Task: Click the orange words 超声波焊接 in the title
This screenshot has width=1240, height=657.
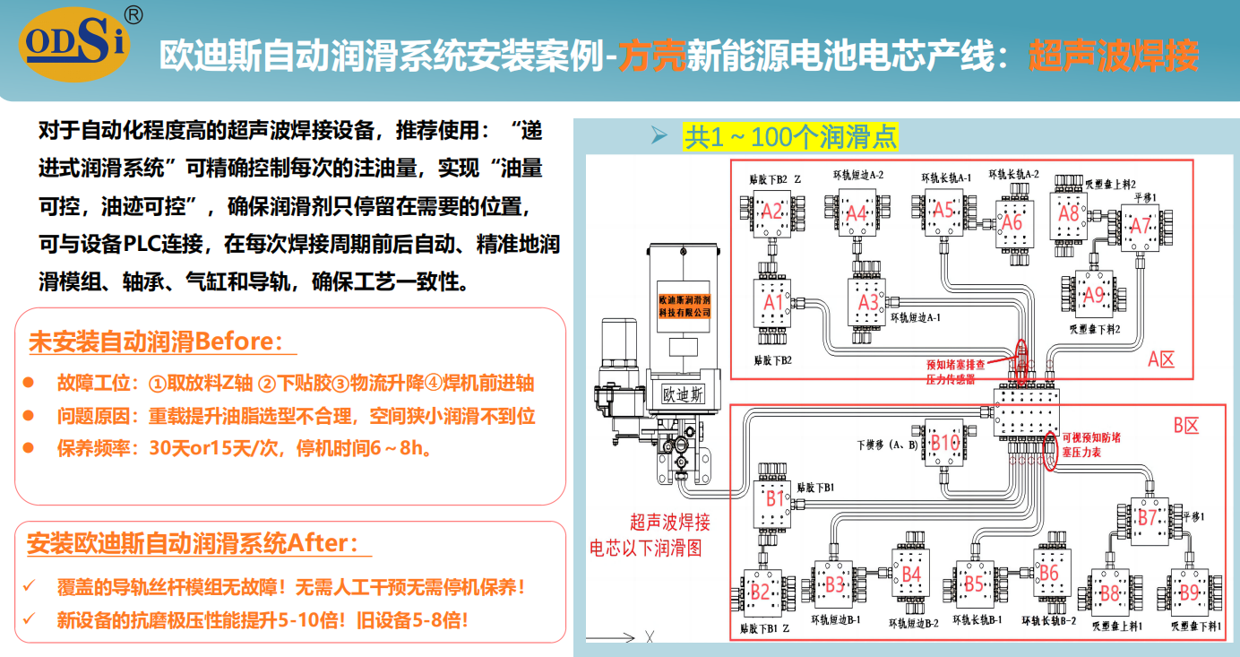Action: [x=1113, y=56]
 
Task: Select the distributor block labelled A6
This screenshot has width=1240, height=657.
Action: [x=1012, y=221]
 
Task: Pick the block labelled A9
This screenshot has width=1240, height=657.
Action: [x=1094, y=294]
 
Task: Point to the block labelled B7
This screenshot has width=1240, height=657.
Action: [x=1147, y=517]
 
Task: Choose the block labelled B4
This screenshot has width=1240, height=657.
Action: [x=911, y=574]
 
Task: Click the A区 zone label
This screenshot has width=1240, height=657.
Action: [x=1160, y=360]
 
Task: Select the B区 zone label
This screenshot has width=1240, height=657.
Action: [x=1185, y=426]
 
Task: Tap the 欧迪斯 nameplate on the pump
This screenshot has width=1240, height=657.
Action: [x=683, y=394]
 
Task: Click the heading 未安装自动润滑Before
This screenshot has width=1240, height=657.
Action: [x=161, y=341]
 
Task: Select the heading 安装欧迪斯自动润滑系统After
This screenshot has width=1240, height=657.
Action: [x=197, y=543]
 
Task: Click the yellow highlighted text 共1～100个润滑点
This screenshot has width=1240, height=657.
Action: [x=790, y=137]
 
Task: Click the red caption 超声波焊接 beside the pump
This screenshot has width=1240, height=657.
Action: [x=670, y=522]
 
